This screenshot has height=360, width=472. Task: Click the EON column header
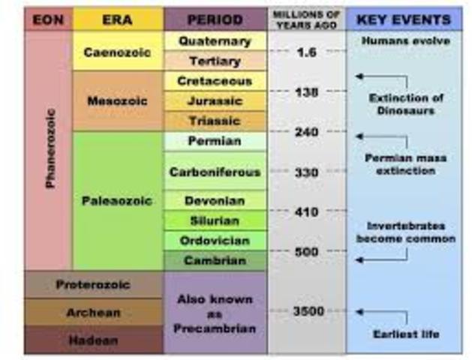[x=48, y=19]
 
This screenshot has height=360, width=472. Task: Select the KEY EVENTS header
[x=404, y=19]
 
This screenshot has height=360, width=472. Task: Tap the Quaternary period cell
[x=215, y=41]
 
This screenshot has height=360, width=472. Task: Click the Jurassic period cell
[x=215, y=100]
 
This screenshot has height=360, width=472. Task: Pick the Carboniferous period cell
[x=215, y=172]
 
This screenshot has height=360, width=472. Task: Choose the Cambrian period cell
[x=215, y=260]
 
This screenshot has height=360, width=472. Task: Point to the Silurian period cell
[x=215, y=220]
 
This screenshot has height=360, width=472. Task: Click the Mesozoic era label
[x=118, y=101]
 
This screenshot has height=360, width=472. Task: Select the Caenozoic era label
[x=117, y=52]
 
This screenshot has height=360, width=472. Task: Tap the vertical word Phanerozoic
[x=50, y=148]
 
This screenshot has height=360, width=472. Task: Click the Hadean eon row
[x=94, y=340]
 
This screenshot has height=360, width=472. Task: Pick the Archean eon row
[x=94, y=312]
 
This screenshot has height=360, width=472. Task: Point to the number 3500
[x=308, y=311]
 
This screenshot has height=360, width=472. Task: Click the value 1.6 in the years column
[x=306, y=52]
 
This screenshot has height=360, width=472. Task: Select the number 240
[x=306, y=132]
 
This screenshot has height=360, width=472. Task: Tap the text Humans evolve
[x=406, y=40]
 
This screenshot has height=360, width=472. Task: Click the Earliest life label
[x=406, y=334]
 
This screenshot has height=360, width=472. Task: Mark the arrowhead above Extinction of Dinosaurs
[x=359, y=76]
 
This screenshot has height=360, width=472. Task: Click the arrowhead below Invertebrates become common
[x=359, y=259]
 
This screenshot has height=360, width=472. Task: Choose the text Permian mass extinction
[x=406, y=164]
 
